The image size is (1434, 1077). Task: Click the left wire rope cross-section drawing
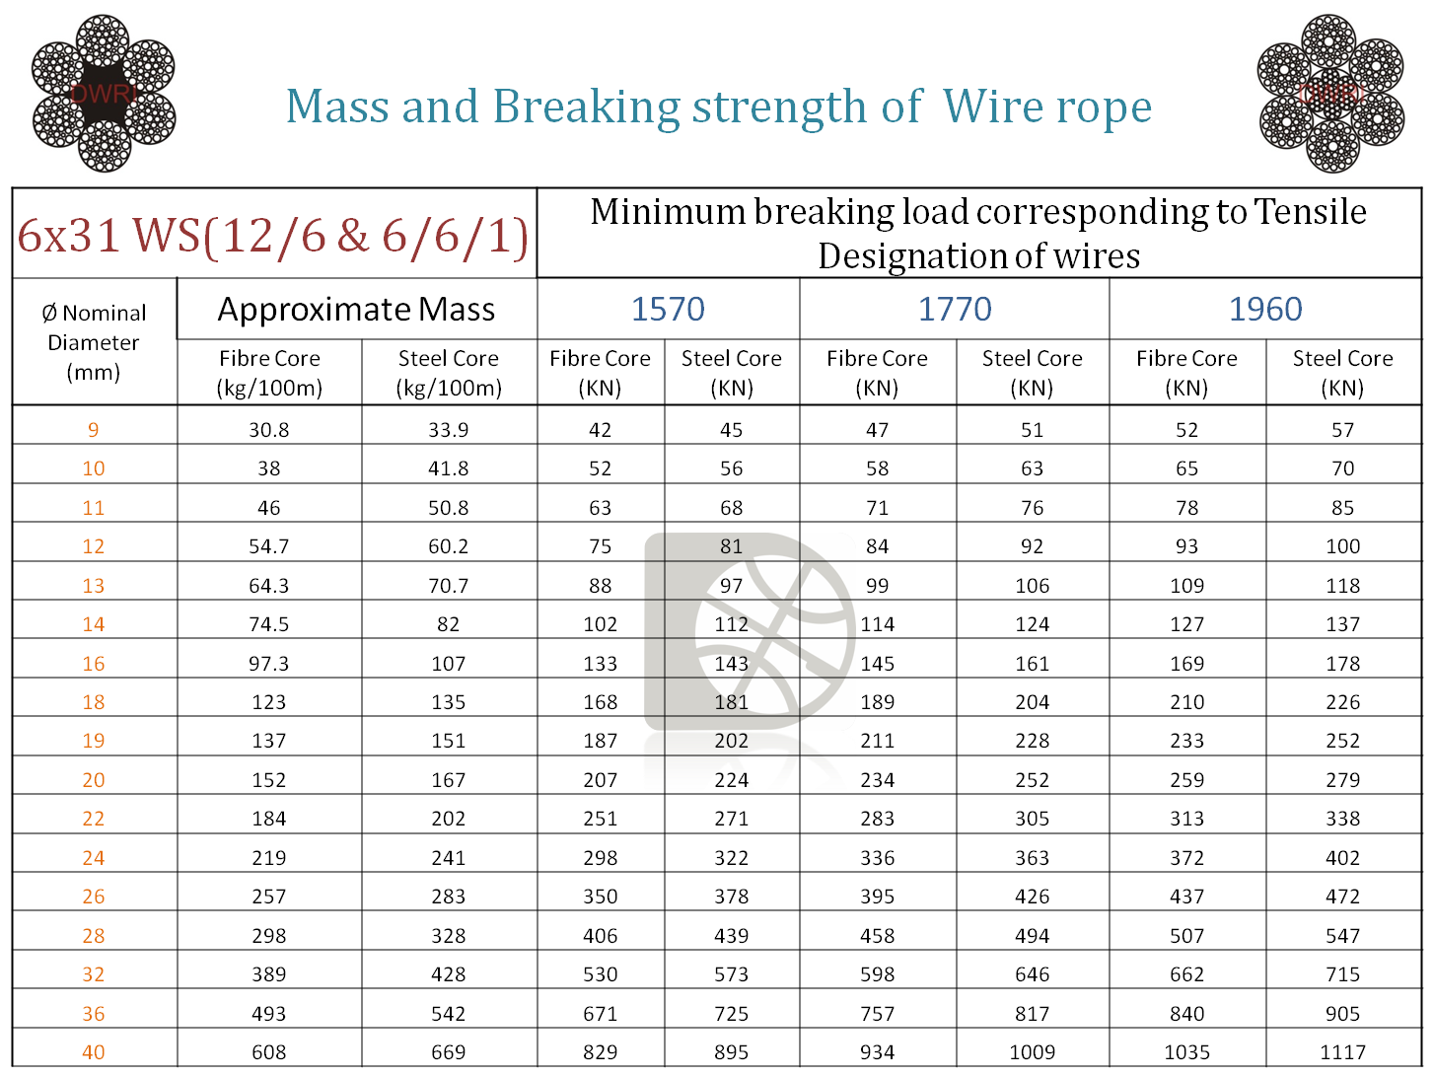click(104, 94)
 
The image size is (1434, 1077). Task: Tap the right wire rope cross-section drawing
click(1330, 94)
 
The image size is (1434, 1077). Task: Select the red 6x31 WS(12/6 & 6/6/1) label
click(272, 235)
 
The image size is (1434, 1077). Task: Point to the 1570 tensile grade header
click(668, 309)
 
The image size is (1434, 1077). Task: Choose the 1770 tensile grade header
click(955, 309)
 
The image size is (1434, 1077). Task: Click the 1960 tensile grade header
click(1265, 309)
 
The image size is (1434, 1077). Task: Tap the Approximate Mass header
click(356, 310)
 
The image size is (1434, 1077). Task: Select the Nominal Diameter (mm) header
click(94, 342)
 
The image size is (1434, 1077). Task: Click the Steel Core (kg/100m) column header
click(449, 373)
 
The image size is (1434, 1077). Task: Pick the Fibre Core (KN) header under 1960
click(1186, 373)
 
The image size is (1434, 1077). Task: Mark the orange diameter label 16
click(94, 664)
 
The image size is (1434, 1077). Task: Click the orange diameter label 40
click(94, 1052)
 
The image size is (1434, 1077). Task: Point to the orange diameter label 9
click(94, 430)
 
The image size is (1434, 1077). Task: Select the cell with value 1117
click(1342, 1052)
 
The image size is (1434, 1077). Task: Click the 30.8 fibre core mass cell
click(268, 430)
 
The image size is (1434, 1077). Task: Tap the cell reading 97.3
click(268, 664)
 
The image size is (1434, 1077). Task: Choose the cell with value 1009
click(1033, 1052)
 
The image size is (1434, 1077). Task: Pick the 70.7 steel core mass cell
click(448, 586)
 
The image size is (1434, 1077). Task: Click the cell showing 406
click(600, 936)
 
